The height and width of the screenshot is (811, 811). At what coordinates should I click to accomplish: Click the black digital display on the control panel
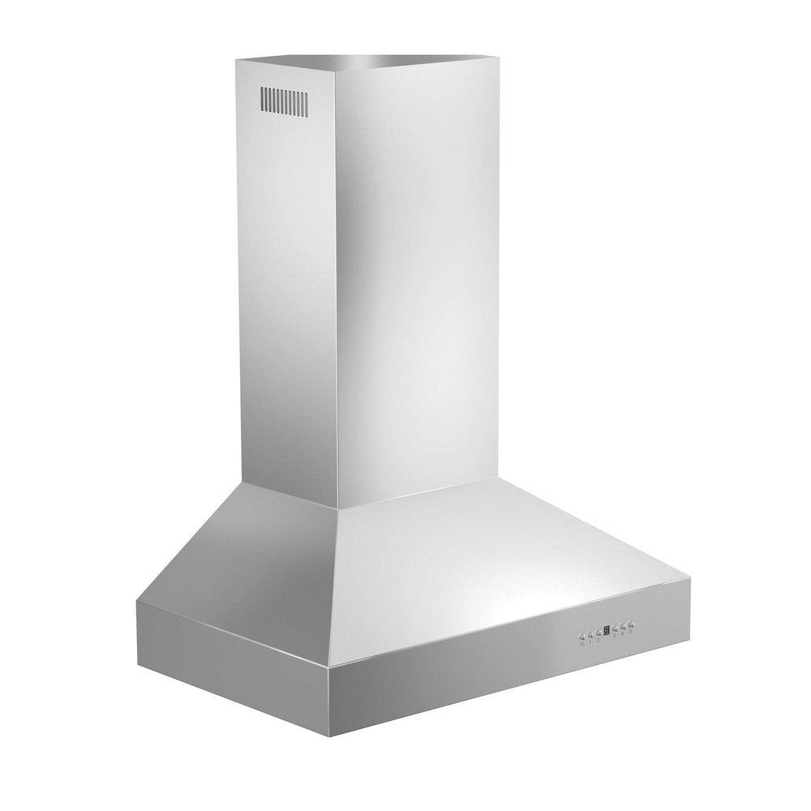[607, 630]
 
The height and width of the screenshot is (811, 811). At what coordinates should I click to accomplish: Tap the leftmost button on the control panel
[582, 637]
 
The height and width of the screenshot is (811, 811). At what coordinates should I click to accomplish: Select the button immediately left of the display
[599, 633]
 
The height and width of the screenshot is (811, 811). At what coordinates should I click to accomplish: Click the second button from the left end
[590, 635]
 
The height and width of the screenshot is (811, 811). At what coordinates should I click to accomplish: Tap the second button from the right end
[623, 626]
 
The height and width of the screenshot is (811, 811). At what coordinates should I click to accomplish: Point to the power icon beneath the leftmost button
[582, 644]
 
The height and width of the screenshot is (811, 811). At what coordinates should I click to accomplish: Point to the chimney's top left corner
[237, 59]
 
